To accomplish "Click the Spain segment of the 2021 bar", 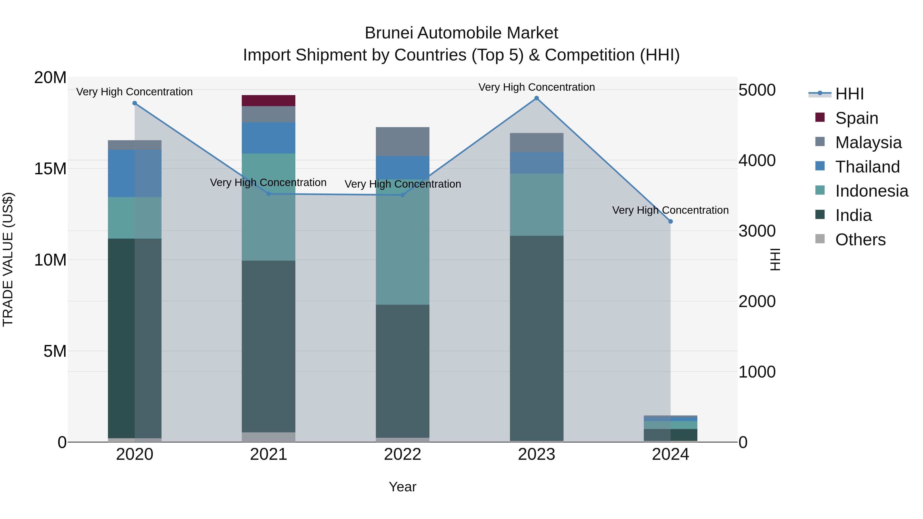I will pos(268,101).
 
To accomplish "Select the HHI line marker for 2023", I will pos(536,98).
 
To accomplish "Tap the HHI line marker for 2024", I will pos(670,221).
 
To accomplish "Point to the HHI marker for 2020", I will pos(135,103).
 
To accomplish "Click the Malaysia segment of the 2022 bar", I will pos(402,141).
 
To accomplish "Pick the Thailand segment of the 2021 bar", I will pos(268,138).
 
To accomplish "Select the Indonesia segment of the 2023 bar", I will pos(536,205).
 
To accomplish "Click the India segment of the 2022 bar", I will pos(402,371).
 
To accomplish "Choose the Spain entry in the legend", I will pos(856,118).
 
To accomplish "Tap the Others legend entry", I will pos(860,240).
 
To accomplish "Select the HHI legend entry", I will pos(849,94).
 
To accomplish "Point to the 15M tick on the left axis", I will pos(50,169).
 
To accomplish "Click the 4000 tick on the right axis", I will pos(757,160).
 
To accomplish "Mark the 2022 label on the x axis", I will pos(402,454).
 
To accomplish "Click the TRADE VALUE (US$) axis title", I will pos(8,259).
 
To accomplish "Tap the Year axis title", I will pos(402,487).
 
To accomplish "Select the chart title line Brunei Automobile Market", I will pos(461,33).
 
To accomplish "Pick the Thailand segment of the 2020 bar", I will pos(135,173).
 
